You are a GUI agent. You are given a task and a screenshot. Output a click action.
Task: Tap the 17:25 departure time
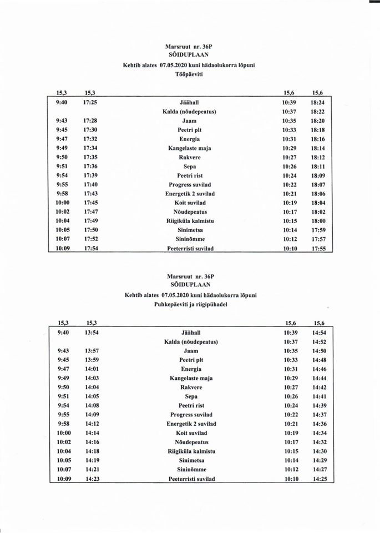coord(91,103)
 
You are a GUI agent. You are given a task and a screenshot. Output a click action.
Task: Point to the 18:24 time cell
coord(318,103)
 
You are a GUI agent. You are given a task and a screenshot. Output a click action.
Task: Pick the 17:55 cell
coord(318,249)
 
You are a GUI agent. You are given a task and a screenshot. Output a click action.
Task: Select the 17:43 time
coord(91,194)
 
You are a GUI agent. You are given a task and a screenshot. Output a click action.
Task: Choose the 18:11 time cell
coord(318,167)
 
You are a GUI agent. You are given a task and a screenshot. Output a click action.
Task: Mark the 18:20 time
coord(318,121)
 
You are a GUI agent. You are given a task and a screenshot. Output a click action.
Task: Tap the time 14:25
coord(320,479)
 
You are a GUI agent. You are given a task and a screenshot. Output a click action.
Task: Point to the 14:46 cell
coord(320,369)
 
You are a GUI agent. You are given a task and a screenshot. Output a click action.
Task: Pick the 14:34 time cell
coord(320,433)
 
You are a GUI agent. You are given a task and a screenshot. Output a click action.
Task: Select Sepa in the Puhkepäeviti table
coord(191,396)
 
